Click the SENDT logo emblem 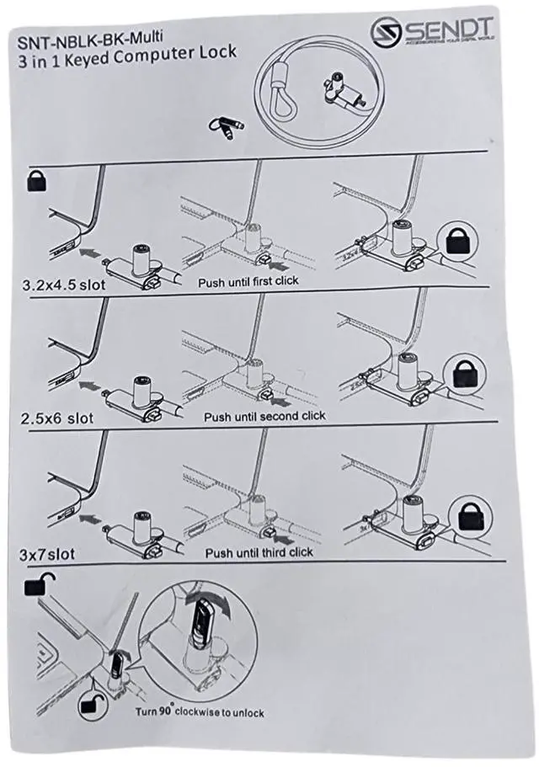tap(386, 31)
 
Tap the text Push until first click tap(248, 280)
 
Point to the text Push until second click tap(264, 415)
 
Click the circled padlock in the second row tap(467, 373)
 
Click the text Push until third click tap(259, 551)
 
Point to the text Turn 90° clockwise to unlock tap(200, 712)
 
